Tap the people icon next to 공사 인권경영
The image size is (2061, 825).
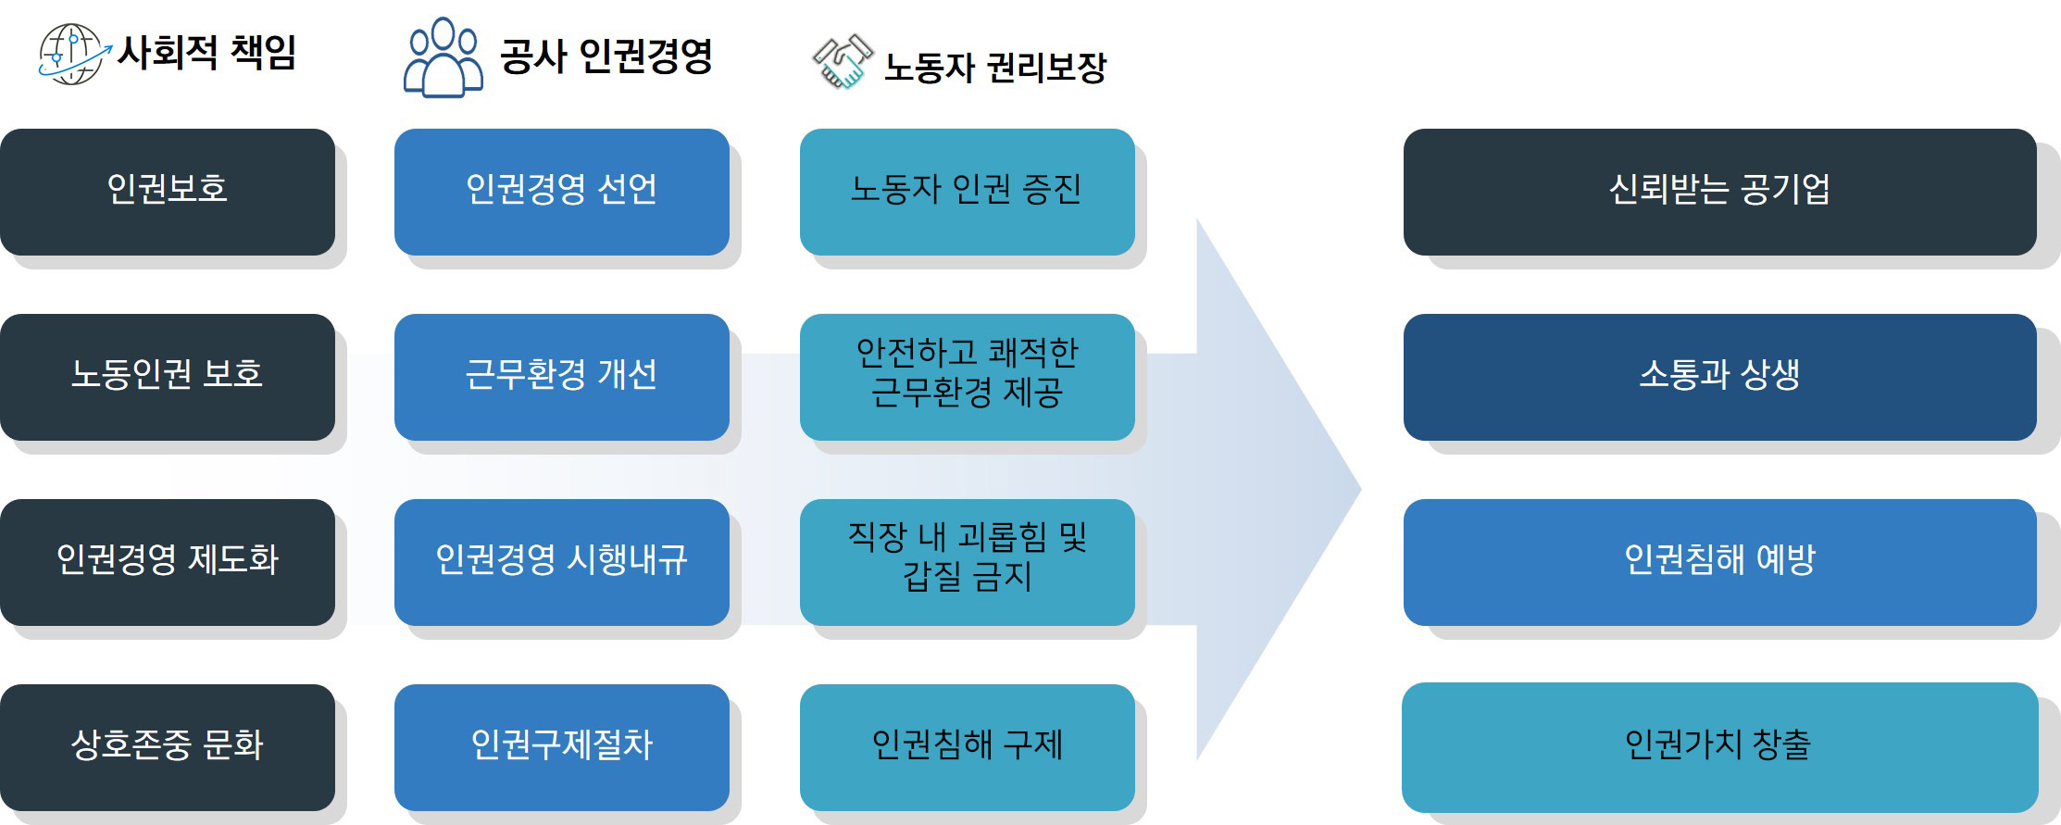443,57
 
